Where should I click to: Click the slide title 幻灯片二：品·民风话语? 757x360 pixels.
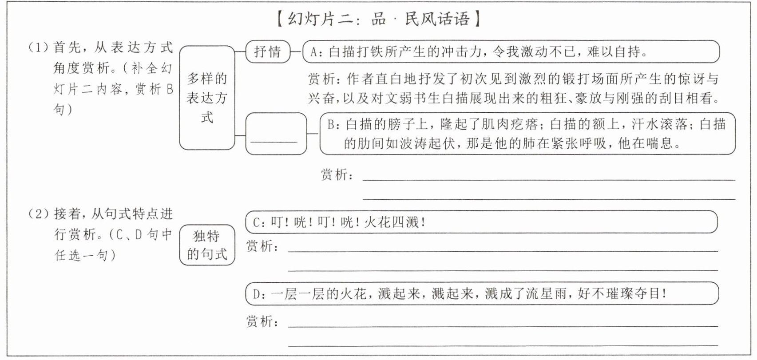pos(378,19)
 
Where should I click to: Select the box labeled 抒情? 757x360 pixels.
pos(268,51)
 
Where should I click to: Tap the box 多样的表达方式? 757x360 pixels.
pos(207,98)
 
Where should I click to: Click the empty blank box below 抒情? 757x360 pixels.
pos(276,134)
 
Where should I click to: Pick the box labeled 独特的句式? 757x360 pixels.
pos(207,245)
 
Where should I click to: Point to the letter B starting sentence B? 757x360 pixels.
pos(331,124)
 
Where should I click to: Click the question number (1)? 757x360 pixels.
pos(37,47)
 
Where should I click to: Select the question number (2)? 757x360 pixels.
pos(37,214)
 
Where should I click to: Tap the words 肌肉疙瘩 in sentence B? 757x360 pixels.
pos(510,124)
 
